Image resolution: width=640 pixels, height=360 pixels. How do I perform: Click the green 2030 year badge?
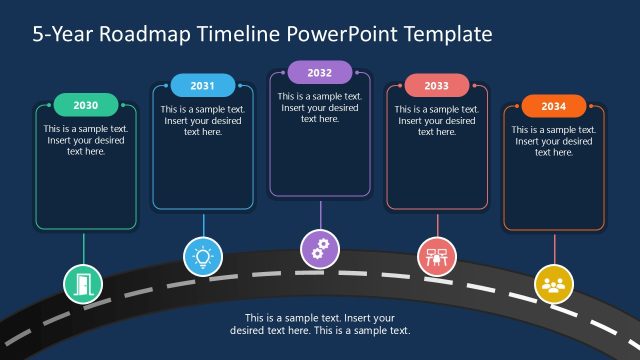coord(86,105)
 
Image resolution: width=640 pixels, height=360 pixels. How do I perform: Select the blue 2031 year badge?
coord(203,85)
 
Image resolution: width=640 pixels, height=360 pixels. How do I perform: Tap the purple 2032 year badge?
coord(320,72)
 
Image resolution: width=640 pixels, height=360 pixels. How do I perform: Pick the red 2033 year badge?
coord(437,85)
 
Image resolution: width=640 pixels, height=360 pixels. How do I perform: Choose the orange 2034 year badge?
coord(553,105)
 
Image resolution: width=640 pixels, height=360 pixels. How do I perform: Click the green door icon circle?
coord(83,283)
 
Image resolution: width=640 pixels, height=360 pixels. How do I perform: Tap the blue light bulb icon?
coord(203,256)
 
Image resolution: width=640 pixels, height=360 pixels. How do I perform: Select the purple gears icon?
coord(320,247)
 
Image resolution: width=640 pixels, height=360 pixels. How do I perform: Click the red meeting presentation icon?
coord(437,256)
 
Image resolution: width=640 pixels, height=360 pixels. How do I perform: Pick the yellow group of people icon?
coord(553,283)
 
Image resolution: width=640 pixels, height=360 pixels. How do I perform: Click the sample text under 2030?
coord(86,140)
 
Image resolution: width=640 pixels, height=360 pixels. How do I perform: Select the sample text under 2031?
coord(203,120)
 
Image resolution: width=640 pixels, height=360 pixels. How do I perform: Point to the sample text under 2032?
coord(320,107)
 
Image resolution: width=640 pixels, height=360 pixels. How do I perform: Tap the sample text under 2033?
coord(437,120)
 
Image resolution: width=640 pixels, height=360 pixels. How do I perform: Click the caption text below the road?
coord(320,324)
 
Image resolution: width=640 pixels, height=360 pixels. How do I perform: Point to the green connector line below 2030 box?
coord(84,248)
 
